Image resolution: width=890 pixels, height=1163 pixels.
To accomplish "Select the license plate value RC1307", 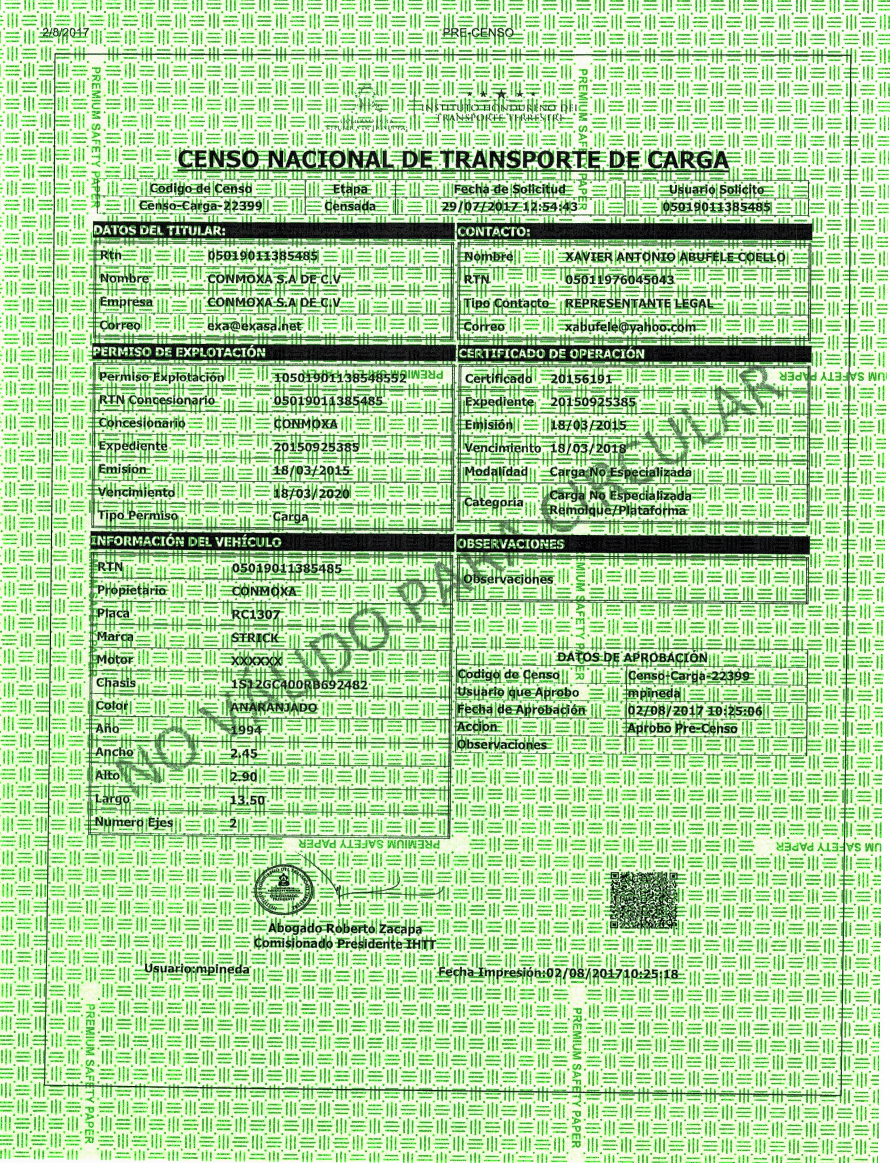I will pos(256,614).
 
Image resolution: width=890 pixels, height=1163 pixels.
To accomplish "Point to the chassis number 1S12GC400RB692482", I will pos(299,684).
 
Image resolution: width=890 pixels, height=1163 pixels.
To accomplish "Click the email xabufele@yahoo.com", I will pos(631,327).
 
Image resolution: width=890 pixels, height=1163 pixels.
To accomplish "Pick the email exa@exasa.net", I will pos(254,326).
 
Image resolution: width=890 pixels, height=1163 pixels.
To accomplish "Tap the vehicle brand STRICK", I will pos(255,638).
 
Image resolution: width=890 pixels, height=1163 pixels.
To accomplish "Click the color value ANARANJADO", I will pos(274,707).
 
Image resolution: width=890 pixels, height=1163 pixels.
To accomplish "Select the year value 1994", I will pos(247,730).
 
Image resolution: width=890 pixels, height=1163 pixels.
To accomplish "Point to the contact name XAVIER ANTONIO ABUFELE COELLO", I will pos(675,257).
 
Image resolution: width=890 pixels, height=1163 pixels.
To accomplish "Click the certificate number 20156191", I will pos(581,379).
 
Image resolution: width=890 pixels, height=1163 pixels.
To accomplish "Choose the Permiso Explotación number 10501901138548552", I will pos(340,379).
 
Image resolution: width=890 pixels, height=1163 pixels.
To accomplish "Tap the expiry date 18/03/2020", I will pos(312,494).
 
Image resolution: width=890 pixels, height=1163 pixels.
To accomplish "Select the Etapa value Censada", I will pos(350,206).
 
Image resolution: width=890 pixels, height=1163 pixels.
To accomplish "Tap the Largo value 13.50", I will pos(247,800).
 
